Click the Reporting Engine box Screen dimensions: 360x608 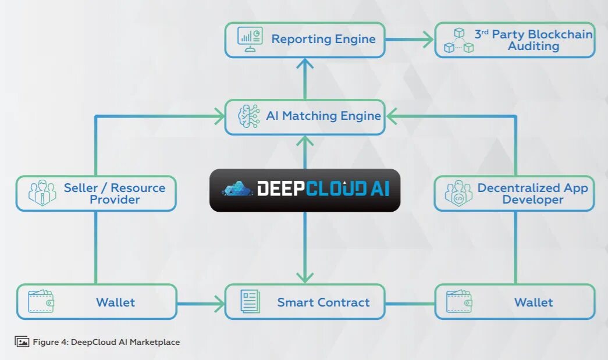tap(305, 40)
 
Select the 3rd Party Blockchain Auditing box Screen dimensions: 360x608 tap(515, 40)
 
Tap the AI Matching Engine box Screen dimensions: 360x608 tap(305, 117)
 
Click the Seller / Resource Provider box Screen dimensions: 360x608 tap(96, 194)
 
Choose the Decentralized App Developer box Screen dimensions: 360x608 tap(514, 194)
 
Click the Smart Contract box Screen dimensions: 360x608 tap(305, 302)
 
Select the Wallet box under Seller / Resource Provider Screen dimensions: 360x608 tap(96, 302)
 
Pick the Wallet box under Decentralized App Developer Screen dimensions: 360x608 tap(515, 302)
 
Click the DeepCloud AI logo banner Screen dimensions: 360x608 tap(305, 190)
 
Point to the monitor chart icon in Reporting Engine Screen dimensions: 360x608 tap(250, 39)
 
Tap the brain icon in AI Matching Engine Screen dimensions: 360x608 tap(248, 116)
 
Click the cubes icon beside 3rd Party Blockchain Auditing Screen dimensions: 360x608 tap(458, 40)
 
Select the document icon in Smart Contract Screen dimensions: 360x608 tap(250, 302)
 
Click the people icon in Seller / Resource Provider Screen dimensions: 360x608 tap(42, 193)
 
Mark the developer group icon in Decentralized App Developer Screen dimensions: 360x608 tap(458, 193)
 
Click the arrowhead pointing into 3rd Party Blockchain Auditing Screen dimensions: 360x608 tap(428, 40)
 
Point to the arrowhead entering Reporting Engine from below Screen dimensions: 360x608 tap(305, 63)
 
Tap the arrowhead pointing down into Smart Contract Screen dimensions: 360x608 tap(305, 277)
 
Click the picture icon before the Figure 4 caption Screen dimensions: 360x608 tap(22, 342)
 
